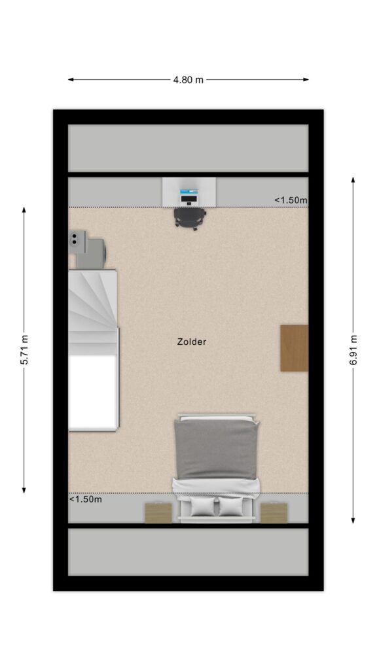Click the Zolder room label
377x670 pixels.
tap(192, 342)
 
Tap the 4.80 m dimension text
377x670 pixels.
tap(188, 80)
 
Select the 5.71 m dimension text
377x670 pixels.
tap(24, 350)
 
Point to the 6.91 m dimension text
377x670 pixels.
tap(353, 350)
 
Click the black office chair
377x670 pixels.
tap(189, 219)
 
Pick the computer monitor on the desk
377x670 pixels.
tap(189, 192)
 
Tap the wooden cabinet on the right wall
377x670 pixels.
tap(294, 348)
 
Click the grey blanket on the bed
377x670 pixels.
tap(217, 449)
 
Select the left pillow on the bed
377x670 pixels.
tap(203, 507)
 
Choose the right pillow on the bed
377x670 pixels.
tap(231, 507)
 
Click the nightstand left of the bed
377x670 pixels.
tap(158, 513)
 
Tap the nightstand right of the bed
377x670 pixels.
tap(274, 513)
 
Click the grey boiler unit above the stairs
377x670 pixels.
tap(88, 250)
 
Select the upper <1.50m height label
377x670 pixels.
tap(291, 200)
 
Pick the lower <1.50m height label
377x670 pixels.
tap(86, 499)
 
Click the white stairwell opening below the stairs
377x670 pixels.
tap(93, 392)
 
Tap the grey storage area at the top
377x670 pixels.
tap(188, 149)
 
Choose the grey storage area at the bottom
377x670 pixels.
tap(188, 552)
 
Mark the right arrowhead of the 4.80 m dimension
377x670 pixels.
tap(306, 79)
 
